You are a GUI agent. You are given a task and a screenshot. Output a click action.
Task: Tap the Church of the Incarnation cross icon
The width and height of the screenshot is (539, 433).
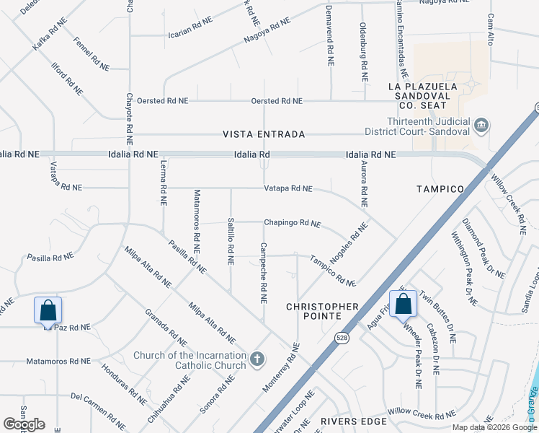257,359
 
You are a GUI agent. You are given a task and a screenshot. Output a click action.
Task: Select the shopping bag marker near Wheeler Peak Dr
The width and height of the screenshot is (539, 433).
403,305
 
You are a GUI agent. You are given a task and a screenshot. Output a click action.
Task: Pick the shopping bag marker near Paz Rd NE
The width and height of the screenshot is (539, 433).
48,312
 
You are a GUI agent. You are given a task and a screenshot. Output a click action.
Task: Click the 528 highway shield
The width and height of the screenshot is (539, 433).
342,336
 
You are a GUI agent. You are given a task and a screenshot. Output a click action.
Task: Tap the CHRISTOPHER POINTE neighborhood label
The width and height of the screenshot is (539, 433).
322,307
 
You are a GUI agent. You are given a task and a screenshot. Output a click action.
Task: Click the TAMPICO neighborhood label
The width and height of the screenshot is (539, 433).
440,189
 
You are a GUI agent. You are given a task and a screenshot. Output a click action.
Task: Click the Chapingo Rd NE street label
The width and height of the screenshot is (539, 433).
292,224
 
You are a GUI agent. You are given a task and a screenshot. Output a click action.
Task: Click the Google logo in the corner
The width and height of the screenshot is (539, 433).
24,424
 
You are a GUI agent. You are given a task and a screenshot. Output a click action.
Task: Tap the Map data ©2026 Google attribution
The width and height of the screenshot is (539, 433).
494,427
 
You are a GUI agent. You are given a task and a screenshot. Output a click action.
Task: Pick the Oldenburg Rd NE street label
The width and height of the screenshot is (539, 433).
365,51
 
